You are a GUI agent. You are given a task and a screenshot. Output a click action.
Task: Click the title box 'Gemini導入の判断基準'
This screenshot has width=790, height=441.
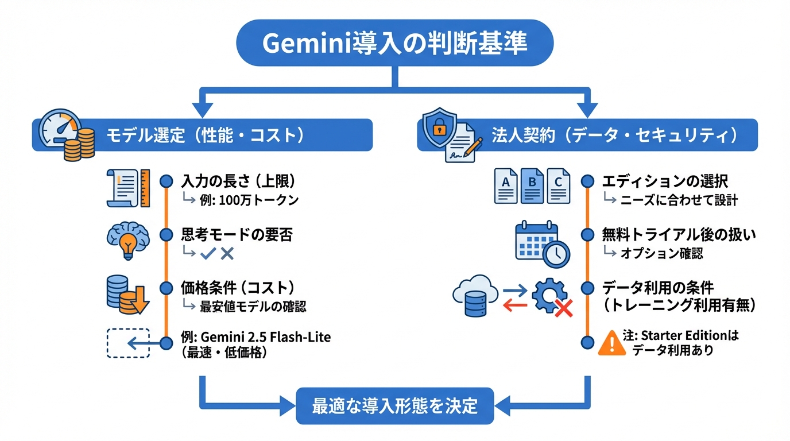(394, 44)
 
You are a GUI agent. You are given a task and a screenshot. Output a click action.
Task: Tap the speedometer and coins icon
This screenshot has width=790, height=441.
(66, 136)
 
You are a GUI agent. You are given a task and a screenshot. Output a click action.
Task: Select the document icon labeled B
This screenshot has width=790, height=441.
(532, 185)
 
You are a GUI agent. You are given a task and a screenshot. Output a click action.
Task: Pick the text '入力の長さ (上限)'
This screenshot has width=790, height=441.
(238, 181)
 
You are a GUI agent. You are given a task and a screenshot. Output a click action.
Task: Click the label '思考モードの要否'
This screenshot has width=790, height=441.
(237, 235)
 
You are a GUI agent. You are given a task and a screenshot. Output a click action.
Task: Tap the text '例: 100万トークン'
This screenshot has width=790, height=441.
(249, 200)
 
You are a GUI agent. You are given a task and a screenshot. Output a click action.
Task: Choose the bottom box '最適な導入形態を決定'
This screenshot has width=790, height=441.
(394, 406)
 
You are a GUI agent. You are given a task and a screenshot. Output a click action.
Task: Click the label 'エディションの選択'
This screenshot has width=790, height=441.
(665, 181)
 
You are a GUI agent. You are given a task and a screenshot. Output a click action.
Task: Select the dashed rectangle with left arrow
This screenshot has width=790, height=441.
(129, 343)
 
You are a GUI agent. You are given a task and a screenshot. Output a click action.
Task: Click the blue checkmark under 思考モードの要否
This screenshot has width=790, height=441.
(207, 253)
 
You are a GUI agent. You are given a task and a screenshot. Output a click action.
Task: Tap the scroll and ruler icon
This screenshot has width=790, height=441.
(128, 187)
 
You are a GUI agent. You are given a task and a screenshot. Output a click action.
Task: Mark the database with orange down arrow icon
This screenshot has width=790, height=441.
(127, 295)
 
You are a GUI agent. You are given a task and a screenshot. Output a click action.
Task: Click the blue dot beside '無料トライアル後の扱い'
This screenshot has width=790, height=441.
(587, 234)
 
